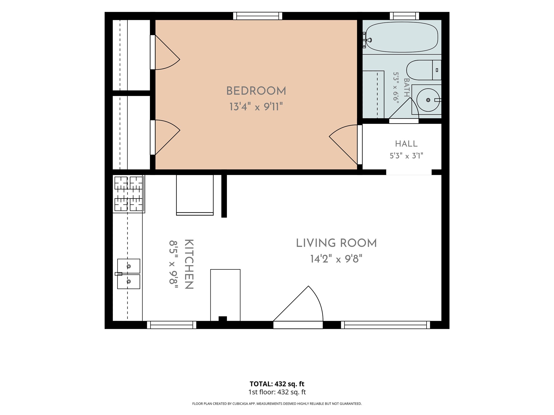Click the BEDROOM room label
(x=256, y=91)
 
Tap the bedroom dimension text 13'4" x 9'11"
(x=256, y=106)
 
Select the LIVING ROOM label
(x=336, y=243)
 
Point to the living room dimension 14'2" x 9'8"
(x=336, y=259)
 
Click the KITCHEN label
(x=189, y=264)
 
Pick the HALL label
(x=406, y=144)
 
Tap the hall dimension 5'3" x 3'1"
(x=406, y=156)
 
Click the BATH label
(x=407, y=87)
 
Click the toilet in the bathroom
(x=424, y=70)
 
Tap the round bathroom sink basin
(x=428, y=100)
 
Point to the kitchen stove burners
(x=128, y=194)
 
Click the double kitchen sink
(x=128, y=274)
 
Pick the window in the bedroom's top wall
(x=258, y=16)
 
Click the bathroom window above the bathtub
(x=404, y=16)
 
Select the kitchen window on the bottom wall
(x=172, y=325)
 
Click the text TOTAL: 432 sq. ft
(x=277, y=384)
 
